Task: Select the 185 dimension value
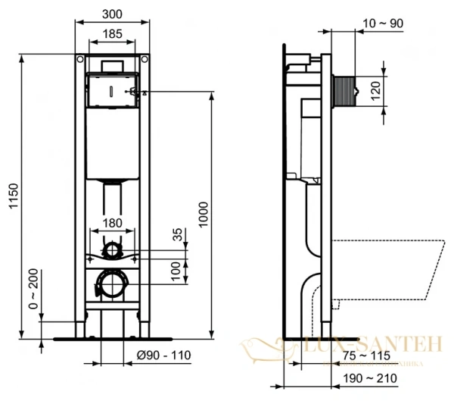[x=113, y=33]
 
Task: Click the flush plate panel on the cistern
[x=112, y=89]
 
